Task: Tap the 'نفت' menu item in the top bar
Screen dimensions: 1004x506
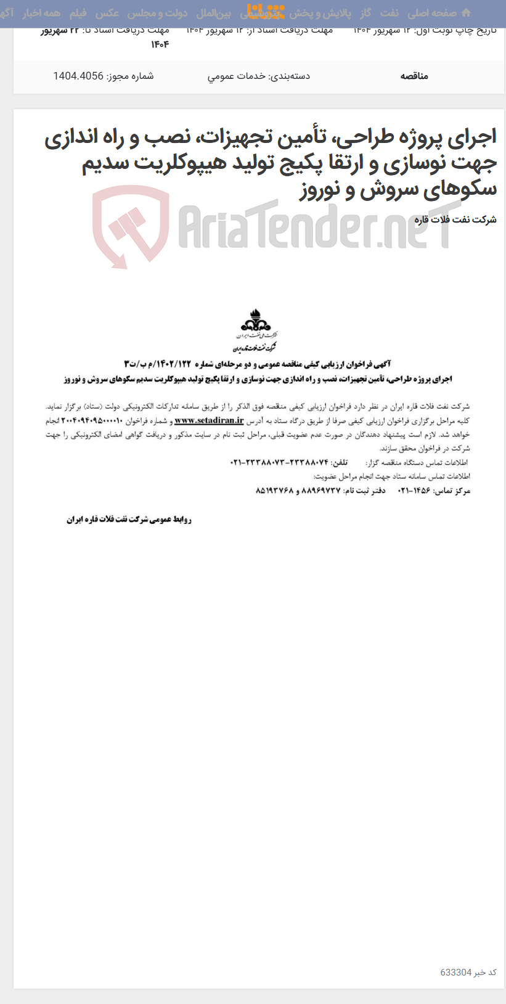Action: point(389,13)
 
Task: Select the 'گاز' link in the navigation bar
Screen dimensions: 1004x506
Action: point(366,13)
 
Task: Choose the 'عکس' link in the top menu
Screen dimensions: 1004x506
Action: point(107,13)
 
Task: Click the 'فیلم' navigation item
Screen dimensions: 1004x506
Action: point(78,13)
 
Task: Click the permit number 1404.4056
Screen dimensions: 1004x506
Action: point(78,76)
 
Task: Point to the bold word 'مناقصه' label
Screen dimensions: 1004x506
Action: point(414,76)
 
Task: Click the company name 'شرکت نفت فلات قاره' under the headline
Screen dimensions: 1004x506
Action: point(455,219)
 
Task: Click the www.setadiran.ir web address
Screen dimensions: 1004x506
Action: point(209,420)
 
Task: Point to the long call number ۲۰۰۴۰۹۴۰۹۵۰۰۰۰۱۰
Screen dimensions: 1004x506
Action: point(92,420)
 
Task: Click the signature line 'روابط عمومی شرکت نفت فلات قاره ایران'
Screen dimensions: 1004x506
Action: point(129,520)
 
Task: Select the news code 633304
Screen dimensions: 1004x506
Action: point(456,972)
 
